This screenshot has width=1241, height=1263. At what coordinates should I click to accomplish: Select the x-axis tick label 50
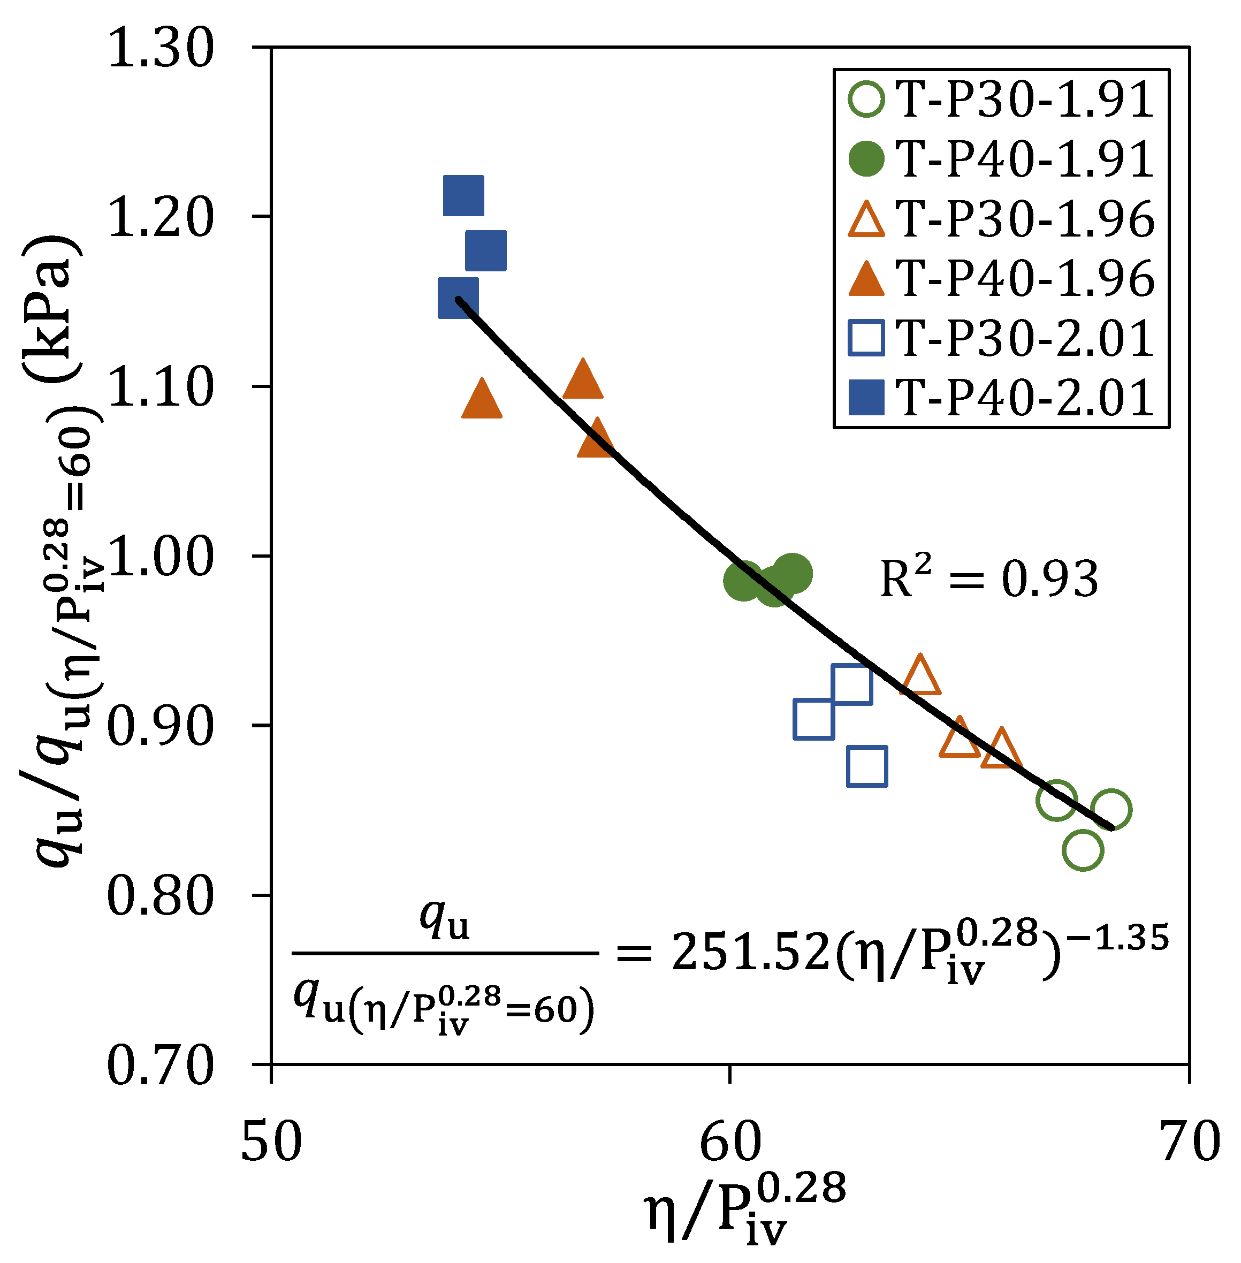(x=271, y=1141)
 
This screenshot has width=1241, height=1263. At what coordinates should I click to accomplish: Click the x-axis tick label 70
(x=1190, y=1141)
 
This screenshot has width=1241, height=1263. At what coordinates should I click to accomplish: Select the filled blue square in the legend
(x=866, y=398)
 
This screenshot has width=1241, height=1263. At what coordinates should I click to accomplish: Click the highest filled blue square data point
(x=463, y=195)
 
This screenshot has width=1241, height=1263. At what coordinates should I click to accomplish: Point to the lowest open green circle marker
(x=1082, y=850)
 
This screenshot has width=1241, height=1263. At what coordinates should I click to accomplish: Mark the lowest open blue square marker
(x=867, y=766)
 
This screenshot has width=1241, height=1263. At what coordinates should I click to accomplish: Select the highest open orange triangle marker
(x=920, y=676)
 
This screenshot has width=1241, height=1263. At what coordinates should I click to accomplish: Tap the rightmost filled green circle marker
(x=793, y=573)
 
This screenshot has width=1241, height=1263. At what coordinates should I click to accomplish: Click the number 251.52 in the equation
(x=750, y=953)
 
